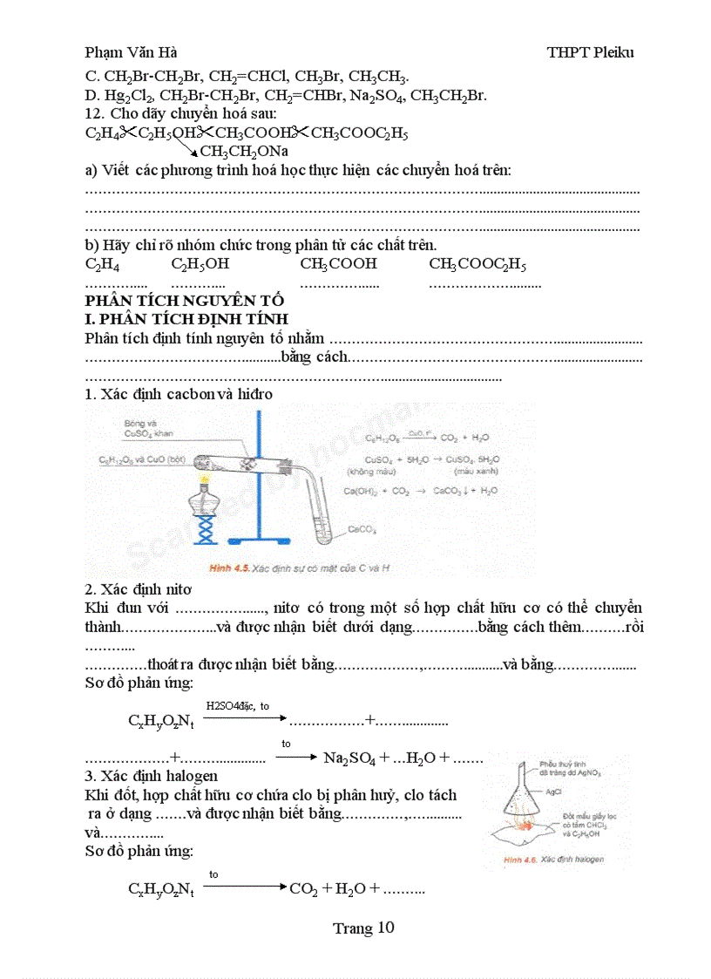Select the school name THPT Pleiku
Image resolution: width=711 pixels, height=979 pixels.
coord(590,52)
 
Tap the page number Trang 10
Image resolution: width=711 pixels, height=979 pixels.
coord(363,928)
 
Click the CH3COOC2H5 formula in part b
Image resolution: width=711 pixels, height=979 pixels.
coord(477,264)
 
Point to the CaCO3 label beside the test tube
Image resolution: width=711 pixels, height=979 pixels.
coord(362,529)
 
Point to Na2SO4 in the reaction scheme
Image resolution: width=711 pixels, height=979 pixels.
coord(349,758)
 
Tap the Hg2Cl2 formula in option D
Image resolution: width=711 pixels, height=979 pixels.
coord(127,96)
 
